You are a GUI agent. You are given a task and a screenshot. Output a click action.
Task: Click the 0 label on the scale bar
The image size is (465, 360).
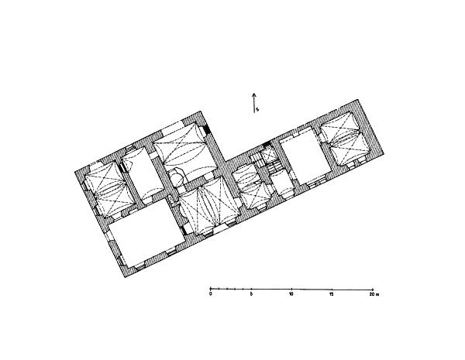(211, 294)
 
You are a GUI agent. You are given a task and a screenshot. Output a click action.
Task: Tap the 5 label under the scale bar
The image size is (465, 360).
(251, 294)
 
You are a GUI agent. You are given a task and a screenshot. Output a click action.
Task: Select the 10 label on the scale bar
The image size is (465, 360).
(291, 294)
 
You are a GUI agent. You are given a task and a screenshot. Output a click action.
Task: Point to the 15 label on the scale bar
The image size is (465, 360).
(332, 294)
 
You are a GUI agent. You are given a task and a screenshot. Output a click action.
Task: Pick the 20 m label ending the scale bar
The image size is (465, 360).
(374, 294)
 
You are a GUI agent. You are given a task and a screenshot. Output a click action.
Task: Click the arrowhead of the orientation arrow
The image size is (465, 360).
(254, 95)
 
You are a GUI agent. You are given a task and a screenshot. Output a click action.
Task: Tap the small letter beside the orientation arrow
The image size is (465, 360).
(257, 109)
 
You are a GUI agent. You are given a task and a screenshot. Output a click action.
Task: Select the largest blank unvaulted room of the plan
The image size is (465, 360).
(146, 232)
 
